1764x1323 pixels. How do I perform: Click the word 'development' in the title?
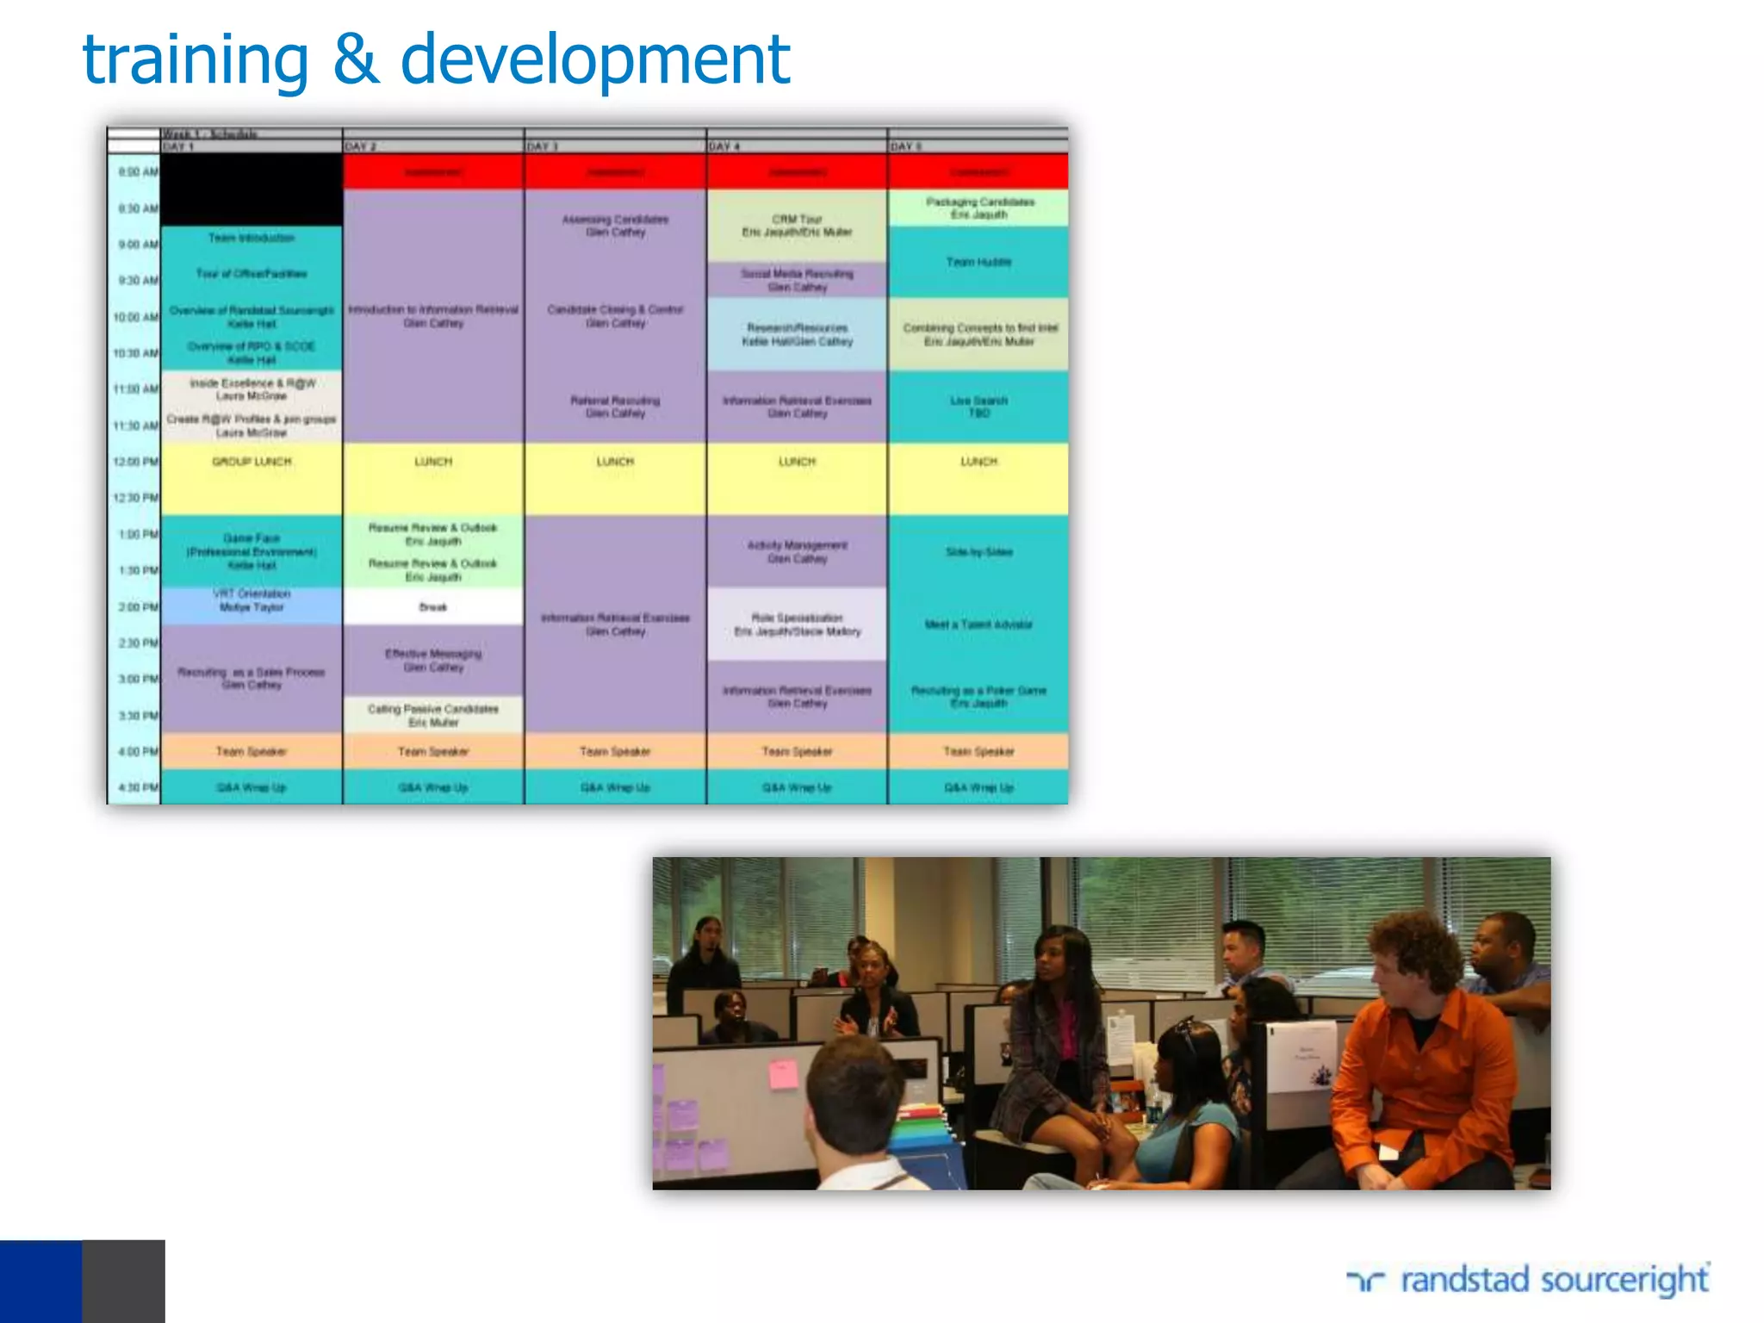point(594,60)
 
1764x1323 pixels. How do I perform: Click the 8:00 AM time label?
point(136,172)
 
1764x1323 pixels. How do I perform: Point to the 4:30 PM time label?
point(136,787)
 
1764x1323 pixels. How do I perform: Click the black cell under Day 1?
point(252,189)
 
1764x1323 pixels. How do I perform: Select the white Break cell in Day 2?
point(433,607)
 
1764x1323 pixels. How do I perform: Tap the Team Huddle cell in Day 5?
point(978,262)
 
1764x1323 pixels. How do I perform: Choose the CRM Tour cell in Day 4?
point(797,226)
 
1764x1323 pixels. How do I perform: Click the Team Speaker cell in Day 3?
point(615,751)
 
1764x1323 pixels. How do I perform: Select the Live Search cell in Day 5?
point(978,407)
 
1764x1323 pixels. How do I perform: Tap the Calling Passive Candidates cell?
point(433,715)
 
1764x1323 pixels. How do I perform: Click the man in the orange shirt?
point(1421,1059)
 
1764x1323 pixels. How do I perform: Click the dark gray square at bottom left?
point(123,1281)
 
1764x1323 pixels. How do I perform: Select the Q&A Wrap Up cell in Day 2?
point(433,787)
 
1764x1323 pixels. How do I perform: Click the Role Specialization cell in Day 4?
point(797,624)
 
